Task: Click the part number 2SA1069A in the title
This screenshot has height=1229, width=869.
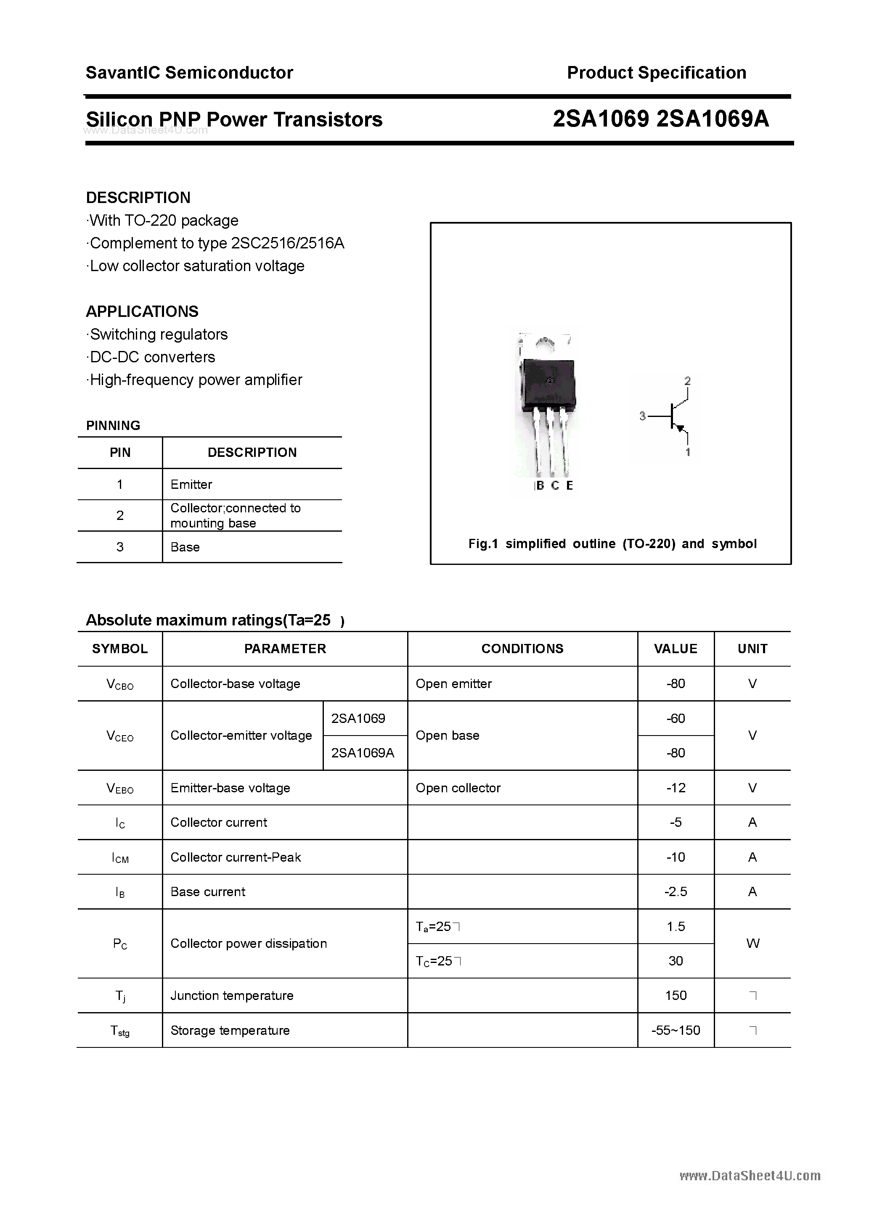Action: [713, 119]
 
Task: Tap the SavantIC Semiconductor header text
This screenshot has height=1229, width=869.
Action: [189, 73]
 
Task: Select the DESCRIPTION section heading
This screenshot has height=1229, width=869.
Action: [138, 198]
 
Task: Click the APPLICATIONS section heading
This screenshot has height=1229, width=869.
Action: [142, 311]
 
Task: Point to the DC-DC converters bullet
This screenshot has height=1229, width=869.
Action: [152, 357]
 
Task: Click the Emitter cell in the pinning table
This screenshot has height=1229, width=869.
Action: [191, 485]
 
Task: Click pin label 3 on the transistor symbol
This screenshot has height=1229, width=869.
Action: [642, 416]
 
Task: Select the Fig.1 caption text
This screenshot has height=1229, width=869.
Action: [612, 544]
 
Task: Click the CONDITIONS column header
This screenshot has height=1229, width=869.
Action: [522, 649]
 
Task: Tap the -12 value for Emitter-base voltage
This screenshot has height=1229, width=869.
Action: [676, 788]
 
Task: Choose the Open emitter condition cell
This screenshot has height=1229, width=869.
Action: [454, 683]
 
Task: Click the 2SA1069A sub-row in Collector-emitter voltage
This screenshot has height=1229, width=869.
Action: [363, 753]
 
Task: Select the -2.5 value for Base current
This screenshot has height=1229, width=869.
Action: [676, 892]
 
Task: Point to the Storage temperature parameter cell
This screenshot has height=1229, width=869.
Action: [230, 1031]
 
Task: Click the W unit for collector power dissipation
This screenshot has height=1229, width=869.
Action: [752, 944]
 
